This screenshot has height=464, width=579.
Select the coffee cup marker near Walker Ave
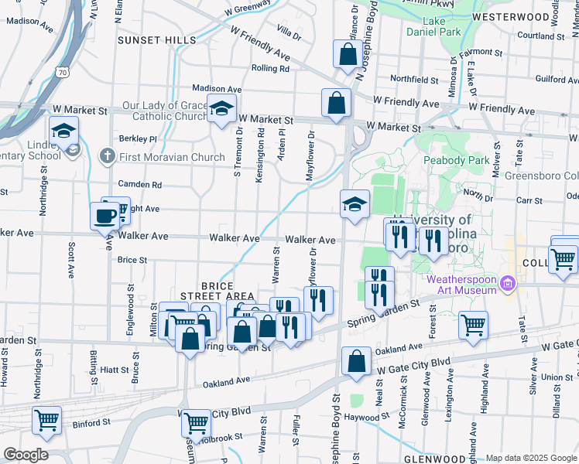click(104, 217)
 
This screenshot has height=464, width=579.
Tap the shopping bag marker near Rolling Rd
click(348, 55)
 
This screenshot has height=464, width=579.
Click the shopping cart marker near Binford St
click(46, 421)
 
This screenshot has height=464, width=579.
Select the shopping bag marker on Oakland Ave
click(355, 363)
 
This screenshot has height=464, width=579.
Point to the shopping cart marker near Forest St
click(473, 325)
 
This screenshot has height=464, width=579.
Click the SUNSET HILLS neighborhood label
click(156, 40)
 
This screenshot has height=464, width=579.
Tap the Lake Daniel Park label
click(433, 26)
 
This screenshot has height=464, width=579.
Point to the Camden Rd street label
click(139, 185)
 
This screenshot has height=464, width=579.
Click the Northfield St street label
click(414, 79)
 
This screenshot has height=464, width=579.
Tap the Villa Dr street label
click(288, 33)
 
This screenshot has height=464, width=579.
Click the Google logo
click(25, 455)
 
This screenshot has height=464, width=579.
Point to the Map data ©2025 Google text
click(530, 458)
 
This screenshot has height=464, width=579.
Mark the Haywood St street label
click(368, 418)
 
